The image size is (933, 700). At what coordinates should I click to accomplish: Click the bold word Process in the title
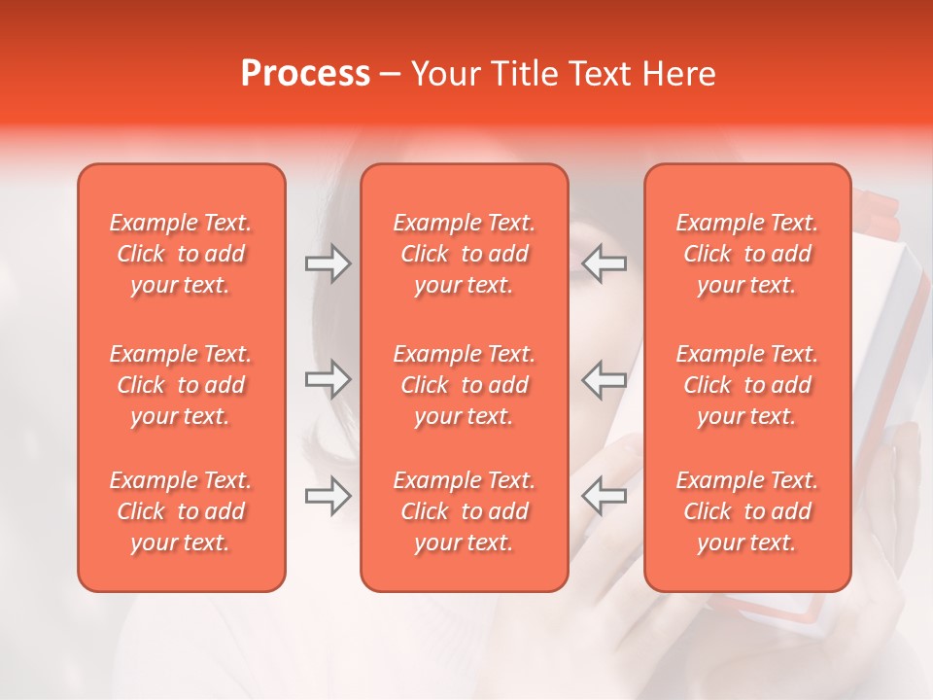(x=305, y=73)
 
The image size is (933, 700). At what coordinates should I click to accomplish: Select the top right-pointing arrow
(x=328, y=263)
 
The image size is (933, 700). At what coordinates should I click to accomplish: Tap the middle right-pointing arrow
(x=328, y=379)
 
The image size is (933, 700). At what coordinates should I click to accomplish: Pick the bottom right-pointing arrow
(x=328, y=497)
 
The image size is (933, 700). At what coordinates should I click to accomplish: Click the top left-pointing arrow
(x=605, y=263)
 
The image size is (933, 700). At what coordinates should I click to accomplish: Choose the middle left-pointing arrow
(x=605, y=379)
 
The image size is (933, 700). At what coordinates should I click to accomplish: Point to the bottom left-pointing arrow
(x=605, y=497)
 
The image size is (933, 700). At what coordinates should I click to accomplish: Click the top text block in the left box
(x=181, y=254)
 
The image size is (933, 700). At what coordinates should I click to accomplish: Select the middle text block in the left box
(x=181, y=385)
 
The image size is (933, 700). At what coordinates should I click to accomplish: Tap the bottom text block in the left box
(x=181, y=511)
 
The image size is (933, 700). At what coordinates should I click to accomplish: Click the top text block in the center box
(x=464, y=254)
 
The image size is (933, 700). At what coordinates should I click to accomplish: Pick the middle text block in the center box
(x=464, y=385)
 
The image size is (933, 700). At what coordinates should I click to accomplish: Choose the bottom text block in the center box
(x=464, y=511)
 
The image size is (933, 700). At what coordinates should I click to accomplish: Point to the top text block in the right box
(x=747, y=254)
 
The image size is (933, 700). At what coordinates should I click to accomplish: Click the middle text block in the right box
(x=747, y=385)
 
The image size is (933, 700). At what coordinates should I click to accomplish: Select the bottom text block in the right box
(x=747, y=511)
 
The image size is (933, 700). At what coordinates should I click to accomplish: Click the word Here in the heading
(x=679, y=73)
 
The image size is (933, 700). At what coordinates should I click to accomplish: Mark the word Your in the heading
(x=447, y=73)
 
